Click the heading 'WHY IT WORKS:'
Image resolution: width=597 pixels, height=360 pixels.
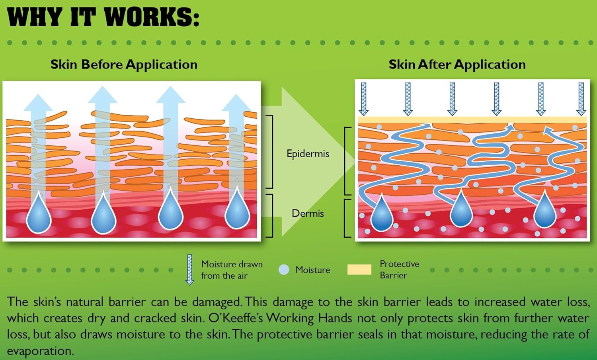coord(103,18)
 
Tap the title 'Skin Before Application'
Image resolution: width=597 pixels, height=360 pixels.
coord(124,65)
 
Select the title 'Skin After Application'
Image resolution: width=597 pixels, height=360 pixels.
coord(457,65)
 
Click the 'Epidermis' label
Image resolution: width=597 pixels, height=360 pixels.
coord(308,154)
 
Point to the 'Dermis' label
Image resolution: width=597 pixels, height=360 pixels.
coord(308,213)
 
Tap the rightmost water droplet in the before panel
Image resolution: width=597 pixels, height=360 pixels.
coord(237,211)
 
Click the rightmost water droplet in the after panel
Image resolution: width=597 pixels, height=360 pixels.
coord(544,212)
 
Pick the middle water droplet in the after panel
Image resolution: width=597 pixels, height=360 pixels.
coord(461,211)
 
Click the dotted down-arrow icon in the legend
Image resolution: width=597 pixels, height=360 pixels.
coord(190,270)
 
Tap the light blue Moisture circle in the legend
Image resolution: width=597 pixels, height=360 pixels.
coord(284,270)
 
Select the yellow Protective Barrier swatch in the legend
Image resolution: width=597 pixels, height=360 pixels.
coord(359,270)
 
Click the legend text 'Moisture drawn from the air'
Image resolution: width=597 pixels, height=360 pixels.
coord(232,270)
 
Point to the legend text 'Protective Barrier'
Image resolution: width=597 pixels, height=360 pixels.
coord(399,270)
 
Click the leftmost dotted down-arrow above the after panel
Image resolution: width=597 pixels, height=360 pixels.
coord(363,99)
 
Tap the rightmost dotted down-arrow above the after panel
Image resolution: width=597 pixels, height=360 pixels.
coord(581,99)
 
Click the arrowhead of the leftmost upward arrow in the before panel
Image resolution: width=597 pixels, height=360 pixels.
coord(38,102)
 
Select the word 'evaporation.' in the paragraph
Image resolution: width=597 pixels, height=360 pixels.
coord(40,351)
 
